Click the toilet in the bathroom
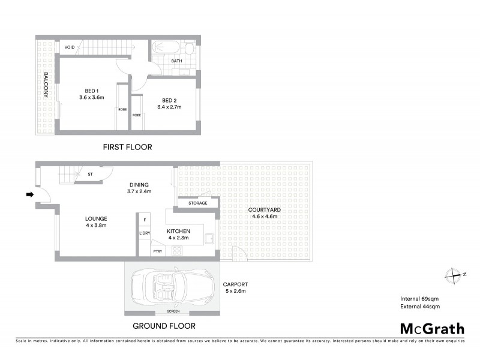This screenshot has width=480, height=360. coord(188,49)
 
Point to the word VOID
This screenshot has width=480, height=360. coord(70,47)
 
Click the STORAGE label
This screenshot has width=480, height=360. coord(197,203)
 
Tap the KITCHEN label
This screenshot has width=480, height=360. coord(179,231)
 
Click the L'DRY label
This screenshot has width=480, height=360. coord(144,233)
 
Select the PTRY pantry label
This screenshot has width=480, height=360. coord(158,251)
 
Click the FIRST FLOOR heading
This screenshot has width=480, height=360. coord(127,147)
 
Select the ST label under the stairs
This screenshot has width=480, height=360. coord(91,174)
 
